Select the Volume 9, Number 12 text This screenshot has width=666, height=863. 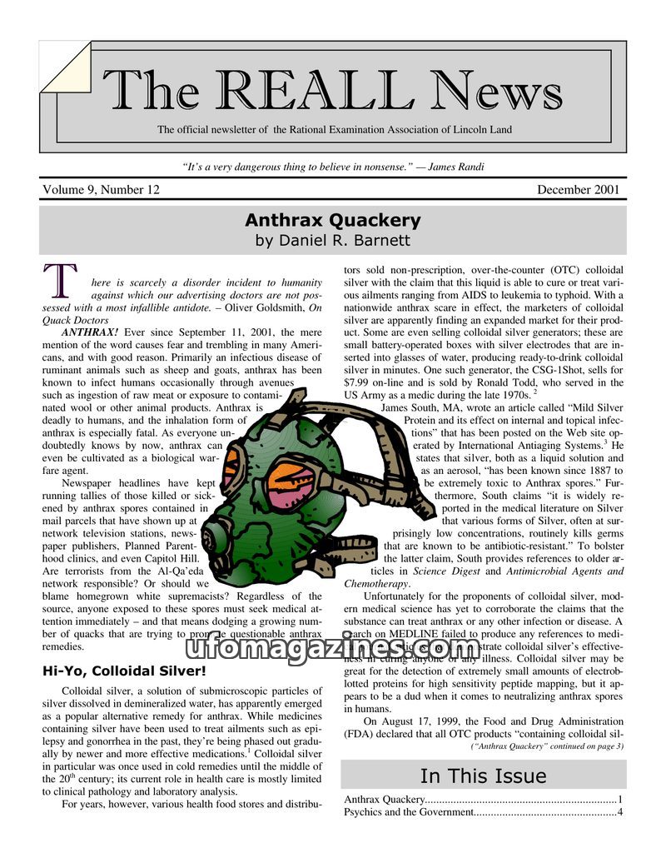pyautogui.click(x=101, y=190)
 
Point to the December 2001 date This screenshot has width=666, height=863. pyautogui.click(x=578, y=190)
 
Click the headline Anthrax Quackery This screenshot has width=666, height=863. pyautogui.click(x=332, y=221)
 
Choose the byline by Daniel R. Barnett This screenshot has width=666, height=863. pyautogui.click(x=332, y=241)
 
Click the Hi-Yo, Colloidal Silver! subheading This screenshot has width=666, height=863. pyautogui.click(x=123, y=671)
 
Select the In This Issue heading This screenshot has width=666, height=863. pyautogui.click(x=483, y=776)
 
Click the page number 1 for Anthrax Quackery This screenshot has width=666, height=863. pyautogui.click(x=620, y=800)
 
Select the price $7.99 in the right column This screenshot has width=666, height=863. pyautogui.click(x=359, y=382)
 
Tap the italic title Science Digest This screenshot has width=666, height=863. pyautogui.click(x=445, y=571)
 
